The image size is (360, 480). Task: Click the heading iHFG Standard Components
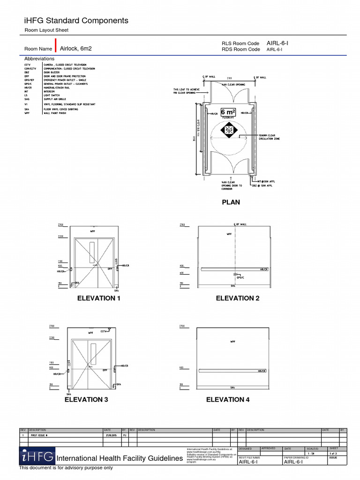coord(75,21)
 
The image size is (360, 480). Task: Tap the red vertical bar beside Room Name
coord(55,45)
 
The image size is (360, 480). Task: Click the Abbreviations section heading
coord(39,59)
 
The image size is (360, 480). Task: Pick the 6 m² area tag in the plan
coord(228,113)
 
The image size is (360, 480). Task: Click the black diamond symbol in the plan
coord(228,130)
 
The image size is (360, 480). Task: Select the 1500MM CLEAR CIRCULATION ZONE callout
coord(269,137)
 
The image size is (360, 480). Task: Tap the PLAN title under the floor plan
coord(231,202)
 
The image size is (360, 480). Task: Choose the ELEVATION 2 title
coord(237,298)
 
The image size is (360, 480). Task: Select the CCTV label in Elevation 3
coord(104,331)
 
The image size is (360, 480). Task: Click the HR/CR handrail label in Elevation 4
coord(262,371)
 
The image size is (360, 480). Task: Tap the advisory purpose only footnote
coord(66,468)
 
